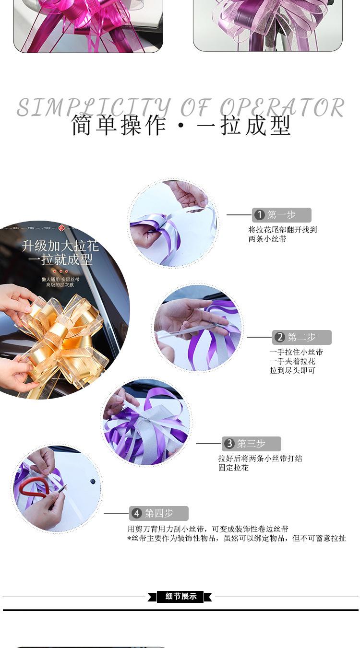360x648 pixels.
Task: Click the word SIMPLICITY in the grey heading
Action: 94,107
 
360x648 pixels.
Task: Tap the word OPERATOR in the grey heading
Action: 282,107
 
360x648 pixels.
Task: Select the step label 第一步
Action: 282,215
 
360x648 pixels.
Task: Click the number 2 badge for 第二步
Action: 280,337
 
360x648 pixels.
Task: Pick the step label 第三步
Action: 252,444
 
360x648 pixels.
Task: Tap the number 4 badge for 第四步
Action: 137,513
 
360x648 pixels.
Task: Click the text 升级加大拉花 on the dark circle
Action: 60,247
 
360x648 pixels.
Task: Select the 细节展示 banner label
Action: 181,597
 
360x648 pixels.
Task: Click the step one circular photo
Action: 173,224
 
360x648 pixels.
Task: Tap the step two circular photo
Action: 198,328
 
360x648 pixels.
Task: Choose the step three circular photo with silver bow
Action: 146,422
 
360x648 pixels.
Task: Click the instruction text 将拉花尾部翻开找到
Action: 282,230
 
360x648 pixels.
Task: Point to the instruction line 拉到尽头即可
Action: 292,370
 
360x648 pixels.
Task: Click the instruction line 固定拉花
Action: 233,468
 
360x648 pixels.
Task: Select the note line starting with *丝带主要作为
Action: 236,539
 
